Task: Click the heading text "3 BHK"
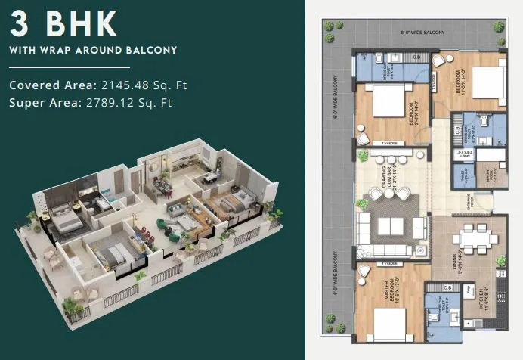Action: click(63, 24)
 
